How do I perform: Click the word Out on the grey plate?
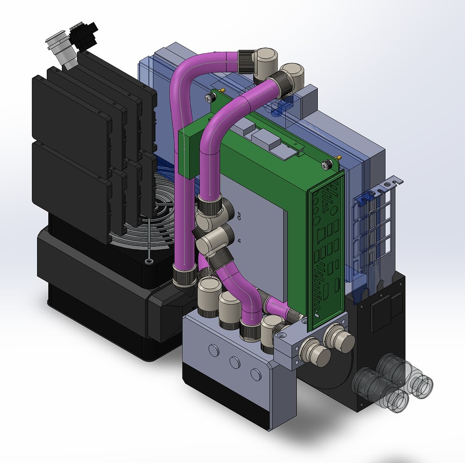pos(240,216)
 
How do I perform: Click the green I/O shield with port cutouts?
pos(327,252)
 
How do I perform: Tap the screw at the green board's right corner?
pos(327,164)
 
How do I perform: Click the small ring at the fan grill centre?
pos(148,261)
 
